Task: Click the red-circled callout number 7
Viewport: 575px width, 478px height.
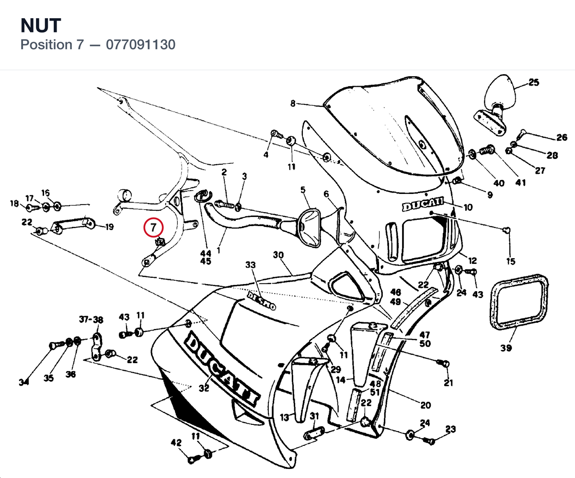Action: click(153, 227)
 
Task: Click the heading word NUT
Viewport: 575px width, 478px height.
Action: click(41, 25)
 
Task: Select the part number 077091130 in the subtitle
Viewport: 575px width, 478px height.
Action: click(140, 45)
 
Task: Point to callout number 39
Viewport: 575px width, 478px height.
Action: click(506, 348)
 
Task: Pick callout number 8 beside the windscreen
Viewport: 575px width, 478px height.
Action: click(293, 103)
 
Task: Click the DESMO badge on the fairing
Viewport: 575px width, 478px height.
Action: click(261, 301)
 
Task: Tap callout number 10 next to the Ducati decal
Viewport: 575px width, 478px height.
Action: click(468, 207)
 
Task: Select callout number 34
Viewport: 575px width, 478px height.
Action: click(24, 382)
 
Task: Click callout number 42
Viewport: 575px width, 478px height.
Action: click(176, 443)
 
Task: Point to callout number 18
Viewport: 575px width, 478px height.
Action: click(14, 204)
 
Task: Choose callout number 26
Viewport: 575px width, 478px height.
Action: click(562, 137)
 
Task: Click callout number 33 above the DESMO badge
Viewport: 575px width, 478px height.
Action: click(250, 265)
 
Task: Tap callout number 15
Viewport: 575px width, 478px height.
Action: click(511, 262)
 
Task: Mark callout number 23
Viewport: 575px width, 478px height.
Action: click(450, 429)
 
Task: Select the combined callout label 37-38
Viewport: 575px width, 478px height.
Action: click(91, 319)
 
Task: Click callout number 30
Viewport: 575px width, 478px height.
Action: click(278, 255)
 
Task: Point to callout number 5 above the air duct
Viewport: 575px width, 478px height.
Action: click(303, 190)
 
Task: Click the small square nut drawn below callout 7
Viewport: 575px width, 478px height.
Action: click(160, 242)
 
